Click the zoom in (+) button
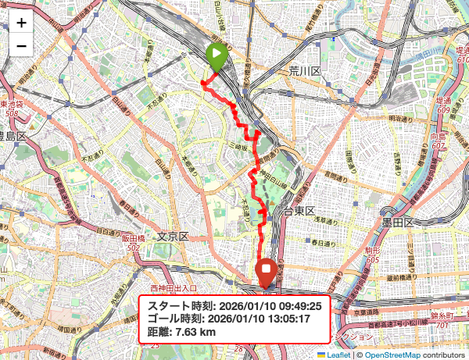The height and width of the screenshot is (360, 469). click(x=21, y=23)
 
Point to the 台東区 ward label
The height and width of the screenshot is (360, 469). click(x=298, y=212)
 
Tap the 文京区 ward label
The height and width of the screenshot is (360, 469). click(x=173, y=236)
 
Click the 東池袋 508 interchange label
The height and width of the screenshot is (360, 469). click(x=11, y=109)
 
